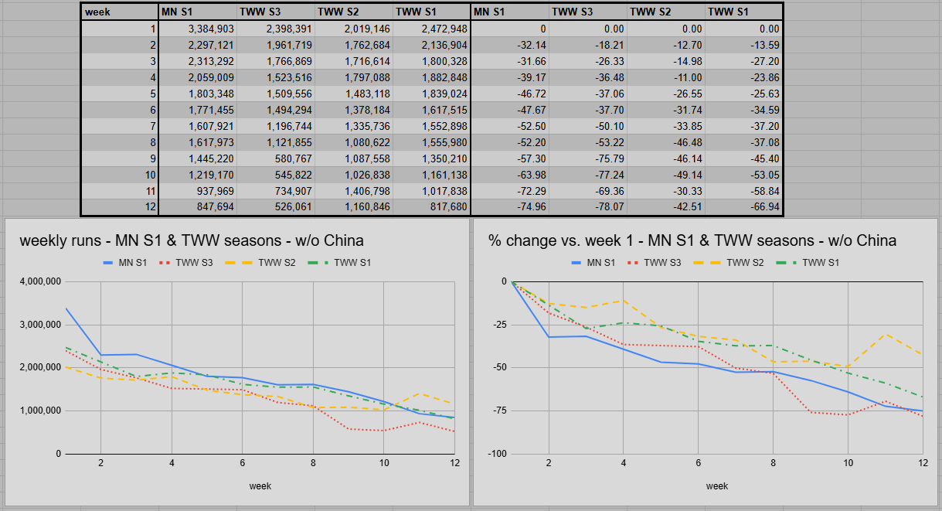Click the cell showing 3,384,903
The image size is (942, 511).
pyautogui.click(x=197, y=29)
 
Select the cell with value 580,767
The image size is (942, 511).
pyautogui.click(x=275, y=158)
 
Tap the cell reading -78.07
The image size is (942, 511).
pyautogui.click(x=587, y=207)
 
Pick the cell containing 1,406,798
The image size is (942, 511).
pyautogui.click(x=354, y=191)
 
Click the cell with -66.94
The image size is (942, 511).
pyautogui.click(x=743, y=207)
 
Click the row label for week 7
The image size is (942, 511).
pyautogui.click(x=120, y=126)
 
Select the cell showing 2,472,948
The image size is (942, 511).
pyautogui.click(x=432, y=29)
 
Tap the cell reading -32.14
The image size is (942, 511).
pyautogui.click(x=510, y=45)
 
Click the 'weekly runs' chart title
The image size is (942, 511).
pyautogui.click(x=192, y=240)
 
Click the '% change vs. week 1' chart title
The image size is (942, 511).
pyautogui.click(x=692, y=240)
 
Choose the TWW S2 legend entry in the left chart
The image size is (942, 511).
pyautogui.click(x=260, y=263)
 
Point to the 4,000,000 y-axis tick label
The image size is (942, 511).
pyautogui.click(x=40, y=281)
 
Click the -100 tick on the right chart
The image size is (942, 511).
pyautogui.click(x=498, y=453)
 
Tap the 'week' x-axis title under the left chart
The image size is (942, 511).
pyautogui.click(x=260, y=486)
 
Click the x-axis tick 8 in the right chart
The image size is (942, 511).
pyautogui.click(x=773, y=463)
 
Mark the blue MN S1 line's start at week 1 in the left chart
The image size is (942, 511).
pyautogui.click(x=66, y=308)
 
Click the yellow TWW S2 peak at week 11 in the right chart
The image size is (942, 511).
pyautogui.click(x=886, y=335)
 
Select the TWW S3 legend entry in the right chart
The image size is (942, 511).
pyautogui.click(x=654, y=263)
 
